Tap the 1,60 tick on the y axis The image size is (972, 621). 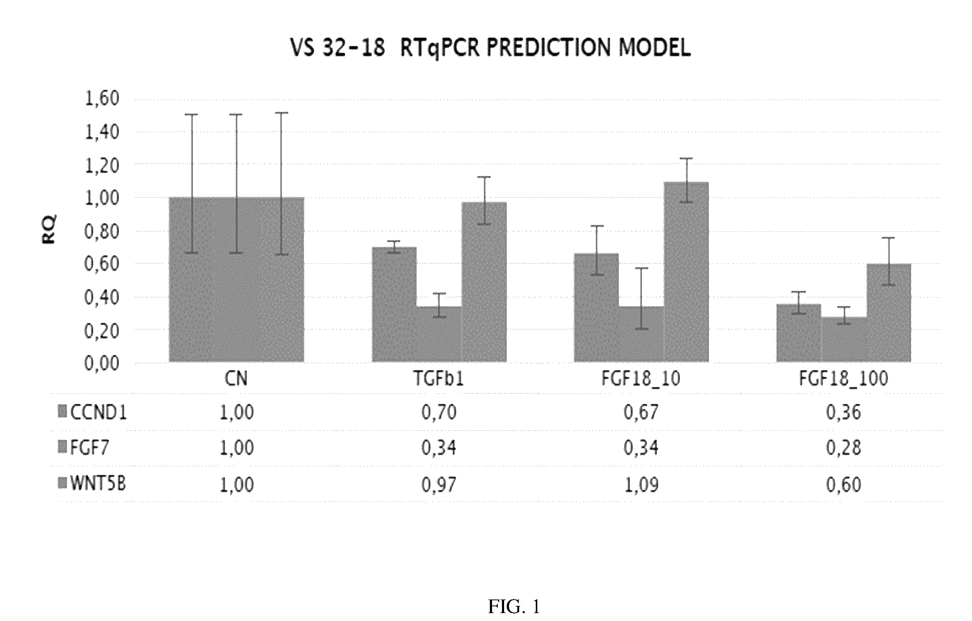pos(102,98)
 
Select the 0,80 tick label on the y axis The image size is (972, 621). pos(102,232)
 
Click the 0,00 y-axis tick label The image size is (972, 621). pos(102,363)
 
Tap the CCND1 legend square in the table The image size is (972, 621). pos(62,412)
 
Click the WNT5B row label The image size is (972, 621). pos(98,484)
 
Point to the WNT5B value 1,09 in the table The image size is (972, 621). pos(641,484)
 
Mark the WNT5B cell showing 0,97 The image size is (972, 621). pos(439,484)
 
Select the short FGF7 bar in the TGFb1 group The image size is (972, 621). pos(439,334)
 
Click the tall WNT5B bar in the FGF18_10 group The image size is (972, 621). pos(686,272)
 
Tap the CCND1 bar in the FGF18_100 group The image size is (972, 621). pos(799,333)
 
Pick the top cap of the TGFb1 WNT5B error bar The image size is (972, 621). pos(484,177)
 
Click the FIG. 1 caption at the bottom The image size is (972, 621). pos(514,606)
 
